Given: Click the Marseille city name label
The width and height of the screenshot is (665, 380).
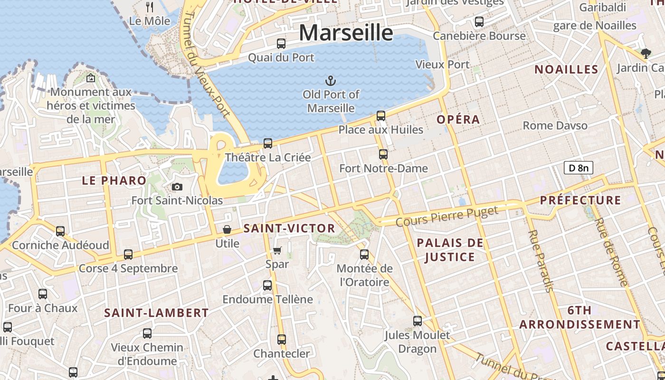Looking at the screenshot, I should pyautogui.click(x=346, y=33).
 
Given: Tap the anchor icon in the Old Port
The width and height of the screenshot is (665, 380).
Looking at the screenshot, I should pyautogui.click(x=330, y=81).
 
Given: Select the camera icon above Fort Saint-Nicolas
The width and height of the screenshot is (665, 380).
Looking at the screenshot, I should pyautogui.click(x=177, y=187).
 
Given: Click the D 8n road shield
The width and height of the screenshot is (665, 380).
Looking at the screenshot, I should pyautogui.click(x=578, y=168).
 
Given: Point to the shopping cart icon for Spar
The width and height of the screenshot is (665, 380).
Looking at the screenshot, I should pyautogui.click(x=277, y=250).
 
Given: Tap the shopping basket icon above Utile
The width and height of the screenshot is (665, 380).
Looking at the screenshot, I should pyautogui.click(x=228, y=230).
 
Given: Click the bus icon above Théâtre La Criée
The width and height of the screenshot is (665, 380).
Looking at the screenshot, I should pyautogui.click(x=268, y=143).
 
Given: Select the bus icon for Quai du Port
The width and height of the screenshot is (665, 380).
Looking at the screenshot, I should pyautogui.click(x=281, y=44).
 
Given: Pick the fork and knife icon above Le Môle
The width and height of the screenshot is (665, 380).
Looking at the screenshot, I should pyautogui.click(x=150, y=7).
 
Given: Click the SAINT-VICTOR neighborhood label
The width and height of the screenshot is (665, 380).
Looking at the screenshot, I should pyautogui.click(x=289, y=228).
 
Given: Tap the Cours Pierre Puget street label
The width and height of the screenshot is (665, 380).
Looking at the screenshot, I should pyautogui.click(x=447, y=216).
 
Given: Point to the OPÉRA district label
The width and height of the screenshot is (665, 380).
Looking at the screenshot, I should pyautogui.click(x=458, y=120).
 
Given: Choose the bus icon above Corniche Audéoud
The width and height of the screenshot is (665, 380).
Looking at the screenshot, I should pyautogui.click(x=60, y=231).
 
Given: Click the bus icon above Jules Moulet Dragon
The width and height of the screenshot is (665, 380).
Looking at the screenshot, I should pyautogui.click(x=417, y=321).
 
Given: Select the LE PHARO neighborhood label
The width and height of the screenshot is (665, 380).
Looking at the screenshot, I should pyautogui.click(x=114, y=180).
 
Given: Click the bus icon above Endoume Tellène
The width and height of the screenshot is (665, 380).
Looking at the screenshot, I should pyautogui.click(x=267, y=285).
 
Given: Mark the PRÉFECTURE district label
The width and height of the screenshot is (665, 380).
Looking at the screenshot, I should pyautogui.click(x=580, y=200).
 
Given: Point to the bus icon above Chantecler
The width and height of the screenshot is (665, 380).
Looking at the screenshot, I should pyautogui.click(x=282, y=340).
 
